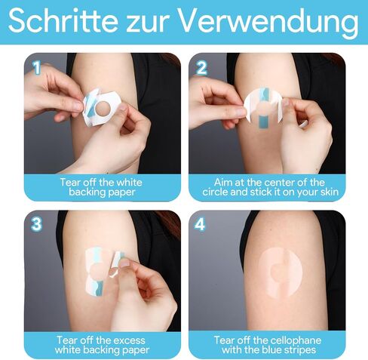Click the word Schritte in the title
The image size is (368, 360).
pyautogui.click(x=63, y=20)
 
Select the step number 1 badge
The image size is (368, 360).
pyautogui.click(x=37, y=67)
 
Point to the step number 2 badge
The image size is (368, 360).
pyautogui.click(x=201, y=68)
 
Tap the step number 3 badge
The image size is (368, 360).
pyautogui.click(x=36, y=223)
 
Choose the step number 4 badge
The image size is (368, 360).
pyautogui.click(x=200, y=224)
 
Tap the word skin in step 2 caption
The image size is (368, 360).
pyautogui.click(x=330, y=192)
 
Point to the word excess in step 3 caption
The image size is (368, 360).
pyautogui.click(x=129, y=340)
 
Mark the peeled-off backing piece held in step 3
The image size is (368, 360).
pyautogui.click(x=115, y=264)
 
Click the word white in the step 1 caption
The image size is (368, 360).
pyautogui.click(x=130, y=183)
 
